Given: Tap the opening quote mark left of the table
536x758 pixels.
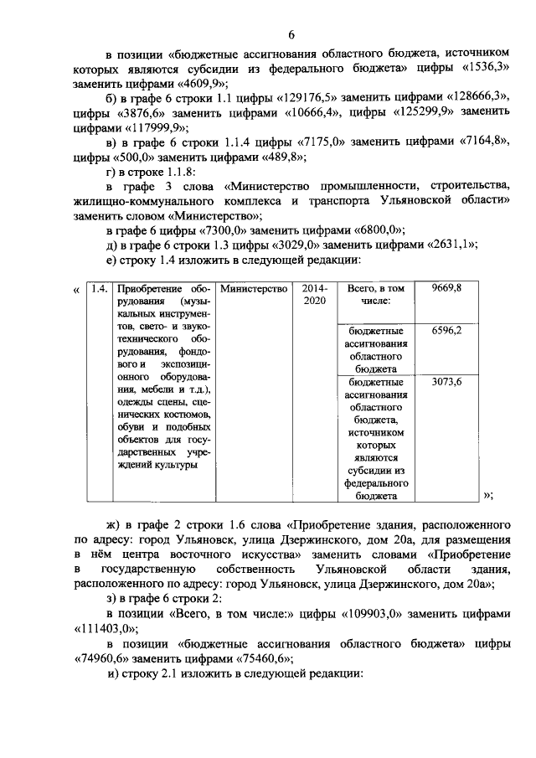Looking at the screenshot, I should (77, 290).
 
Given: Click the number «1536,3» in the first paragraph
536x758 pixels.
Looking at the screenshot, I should (487, 68).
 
